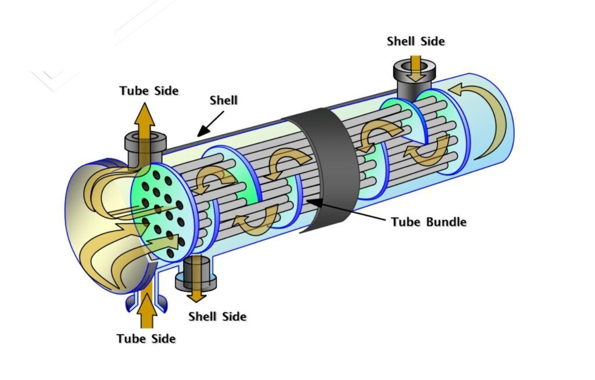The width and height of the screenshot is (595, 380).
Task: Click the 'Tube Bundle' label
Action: pyautogui.click(x=428, y=222)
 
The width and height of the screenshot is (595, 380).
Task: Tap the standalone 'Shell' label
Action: pyautogui.click(x=224, y=100)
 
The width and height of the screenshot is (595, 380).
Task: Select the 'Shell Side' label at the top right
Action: pyautogui.click(x=415, y=41)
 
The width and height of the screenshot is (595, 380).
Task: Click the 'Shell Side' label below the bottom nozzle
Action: pyautogui.click(x=217, y=317)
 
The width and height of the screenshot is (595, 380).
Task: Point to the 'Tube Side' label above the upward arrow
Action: pyautogui.click(x=149, y=91)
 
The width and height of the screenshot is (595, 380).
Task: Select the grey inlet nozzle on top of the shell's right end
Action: pyautogui.click(x=416, y=75)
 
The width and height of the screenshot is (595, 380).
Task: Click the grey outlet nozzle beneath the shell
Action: pyautogui.click(x=196, y=273)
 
